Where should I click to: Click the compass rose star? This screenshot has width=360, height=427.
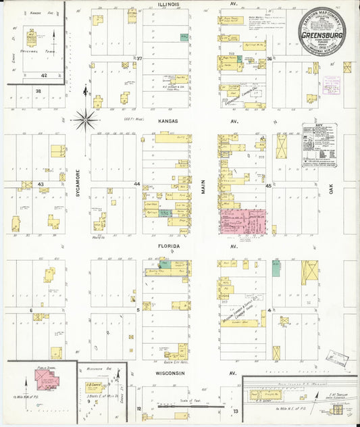tap(85, 121)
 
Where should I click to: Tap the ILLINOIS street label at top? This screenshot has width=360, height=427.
tap(168, 4)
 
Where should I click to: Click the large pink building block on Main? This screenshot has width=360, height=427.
tap(242, 222)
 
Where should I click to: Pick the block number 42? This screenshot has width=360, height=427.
tap(43, 76)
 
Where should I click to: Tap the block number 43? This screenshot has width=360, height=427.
tap(41, 184)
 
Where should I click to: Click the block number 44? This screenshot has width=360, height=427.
tap(136, 184)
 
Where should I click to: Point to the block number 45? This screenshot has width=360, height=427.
tap(268, 185)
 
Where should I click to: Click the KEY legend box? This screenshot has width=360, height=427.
tap(318, 144)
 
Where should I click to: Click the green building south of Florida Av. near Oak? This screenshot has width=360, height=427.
tap(276, 268)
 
